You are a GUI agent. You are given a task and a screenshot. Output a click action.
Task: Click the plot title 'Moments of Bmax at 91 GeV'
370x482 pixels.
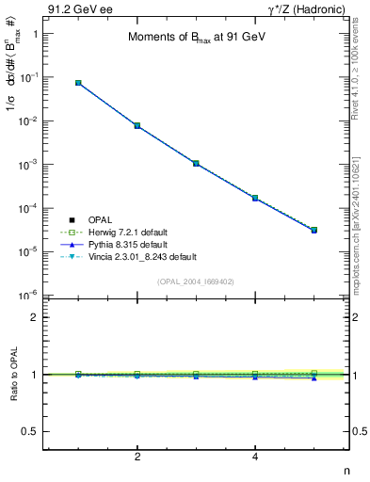click(x=197, y=38)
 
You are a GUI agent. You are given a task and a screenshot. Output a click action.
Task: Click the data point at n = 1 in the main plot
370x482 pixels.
click(x=78, y=83)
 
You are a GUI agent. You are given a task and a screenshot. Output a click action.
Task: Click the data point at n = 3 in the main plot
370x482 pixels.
click(x=196, y=163)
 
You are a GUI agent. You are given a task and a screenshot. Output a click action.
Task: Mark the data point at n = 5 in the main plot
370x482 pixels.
click(x=314, y=230)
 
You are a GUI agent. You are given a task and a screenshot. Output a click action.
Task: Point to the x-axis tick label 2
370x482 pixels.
click(x=137, y=458)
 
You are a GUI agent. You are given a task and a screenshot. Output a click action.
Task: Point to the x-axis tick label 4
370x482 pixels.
click(x=255, y=458)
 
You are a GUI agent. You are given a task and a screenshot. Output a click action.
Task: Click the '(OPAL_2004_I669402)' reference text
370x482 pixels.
click(x=196, y=281)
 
